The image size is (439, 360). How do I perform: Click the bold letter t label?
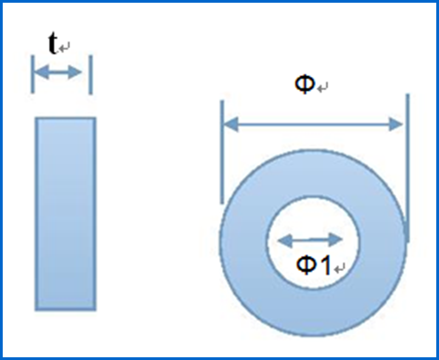[53, 43]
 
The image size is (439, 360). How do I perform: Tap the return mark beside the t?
[64, 47]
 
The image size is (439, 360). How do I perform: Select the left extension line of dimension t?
[33, 74]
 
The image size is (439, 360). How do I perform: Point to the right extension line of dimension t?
[91, 75]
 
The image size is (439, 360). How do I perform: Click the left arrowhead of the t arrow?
[42, 72]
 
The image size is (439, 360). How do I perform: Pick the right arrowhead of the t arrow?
[75, 72]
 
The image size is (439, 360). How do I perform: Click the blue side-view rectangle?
[65, 214]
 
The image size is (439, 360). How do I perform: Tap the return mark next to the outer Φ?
[323, 87]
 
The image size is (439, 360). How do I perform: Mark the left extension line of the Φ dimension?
[222, 152]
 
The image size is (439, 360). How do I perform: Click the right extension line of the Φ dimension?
[407, 168]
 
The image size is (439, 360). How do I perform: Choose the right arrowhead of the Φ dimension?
[396, 124]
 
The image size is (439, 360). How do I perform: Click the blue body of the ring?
[313, 312]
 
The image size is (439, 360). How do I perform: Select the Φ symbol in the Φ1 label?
[306, 265]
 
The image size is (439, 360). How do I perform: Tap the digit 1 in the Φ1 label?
[325, 265]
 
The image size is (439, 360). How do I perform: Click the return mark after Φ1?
[340, 268]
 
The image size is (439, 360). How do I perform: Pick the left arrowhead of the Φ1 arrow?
[285, 240]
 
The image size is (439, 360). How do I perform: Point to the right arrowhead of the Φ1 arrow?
[336, 240]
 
